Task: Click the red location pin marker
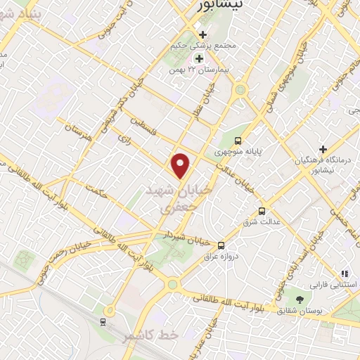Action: click(182, 165)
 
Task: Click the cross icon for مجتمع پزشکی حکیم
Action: click(202, 34)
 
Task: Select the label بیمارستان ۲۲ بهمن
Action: click(191, 70)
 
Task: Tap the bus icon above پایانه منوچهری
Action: click(239, 141)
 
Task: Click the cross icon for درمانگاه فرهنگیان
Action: click(323, 148)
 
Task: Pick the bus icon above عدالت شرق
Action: click(262, 210)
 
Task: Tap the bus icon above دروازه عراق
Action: click(221, 245)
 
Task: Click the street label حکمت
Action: click(95, 190)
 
